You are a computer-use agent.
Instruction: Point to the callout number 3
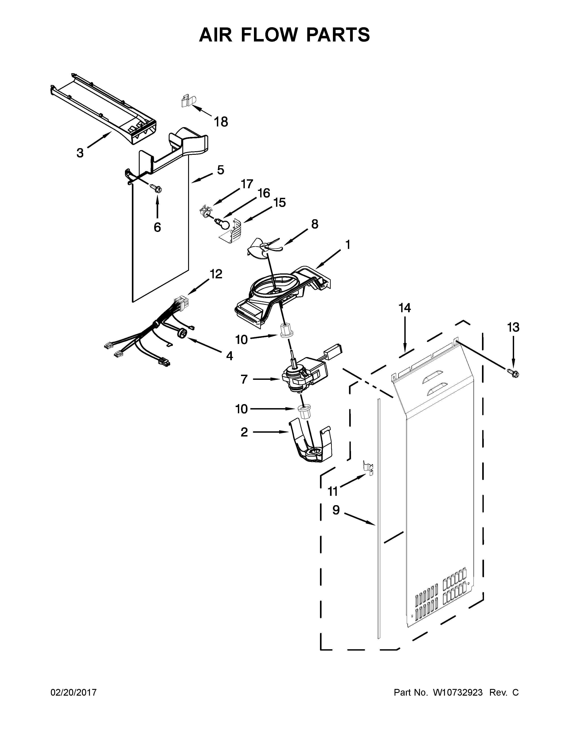pyautogui.click(x=80, y=153)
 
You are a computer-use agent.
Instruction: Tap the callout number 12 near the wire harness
pyautogui.click(x=216, y=274)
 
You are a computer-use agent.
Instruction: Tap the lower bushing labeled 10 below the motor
pyautogui.click(x=304, y=412)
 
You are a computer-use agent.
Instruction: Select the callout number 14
pyautogui.click(x=405, y=308)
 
